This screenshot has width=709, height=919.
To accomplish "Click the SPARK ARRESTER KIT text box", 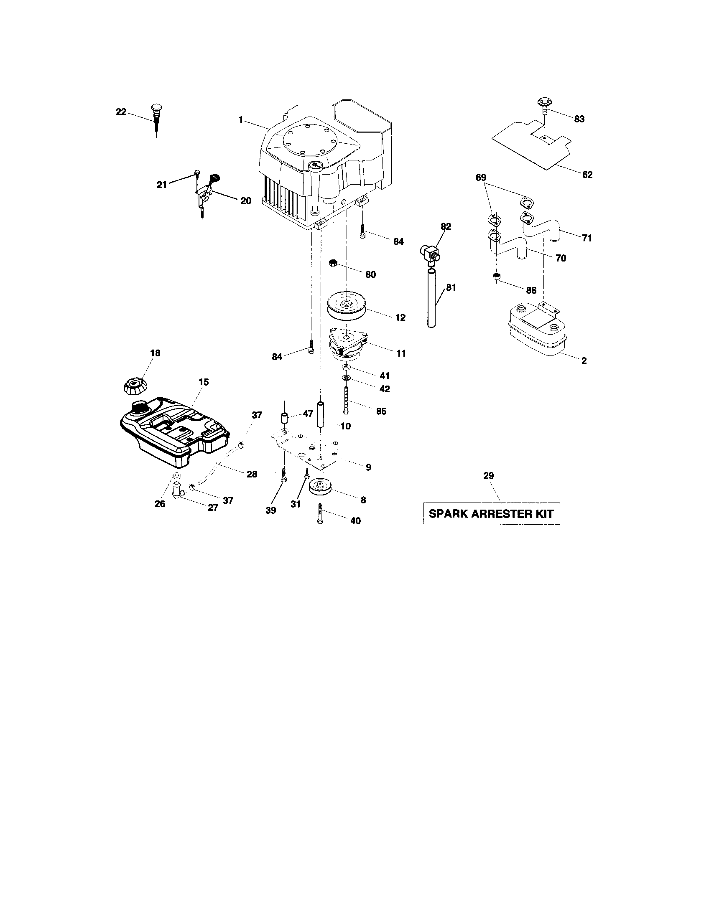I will [x=491, y=513].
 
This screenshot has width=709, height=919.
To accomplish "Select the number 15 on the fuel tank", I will [x=204, y=382].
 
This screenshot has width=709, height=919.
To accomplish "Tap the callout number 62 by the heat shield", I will [x=587, y=175].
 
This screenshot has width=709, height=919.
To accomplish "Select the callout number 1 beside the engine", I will [x=240, y=120].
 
